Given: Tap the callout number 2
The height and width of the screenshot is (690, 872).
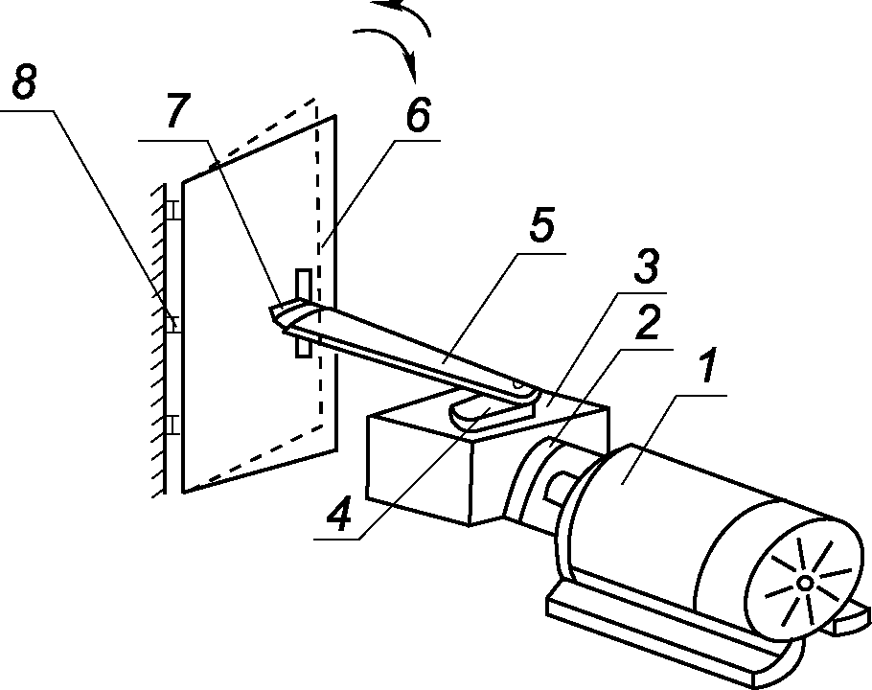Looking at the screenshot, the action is pos(648,323).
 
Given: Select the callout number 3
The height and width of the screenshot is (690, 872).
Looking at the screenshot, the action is pos(646,264).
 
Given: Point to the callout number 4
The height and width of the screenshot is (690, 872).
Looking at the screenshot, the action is pos(339,514).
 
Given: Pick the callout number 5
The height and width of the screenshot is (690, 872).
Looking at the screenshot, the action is pos(541,227).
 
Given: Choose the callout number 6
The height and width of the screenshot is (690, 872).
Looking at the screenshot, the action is pos(418,116).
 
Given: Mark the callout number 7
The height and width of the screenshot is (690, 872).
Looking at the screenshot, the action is pos(177,111).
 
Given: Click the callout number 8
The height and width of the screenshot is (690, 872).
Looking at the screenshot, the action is pos(24,81).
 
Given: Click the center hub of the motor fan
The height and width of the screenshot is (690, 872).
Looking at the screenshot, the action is pos(805,584).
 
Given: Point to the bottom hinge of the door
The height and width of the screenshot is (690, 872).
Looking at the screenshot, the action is pos(173,425).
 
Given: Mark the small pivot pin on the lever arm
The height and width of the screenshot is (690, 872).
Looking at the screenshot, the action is pos(517,383).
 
